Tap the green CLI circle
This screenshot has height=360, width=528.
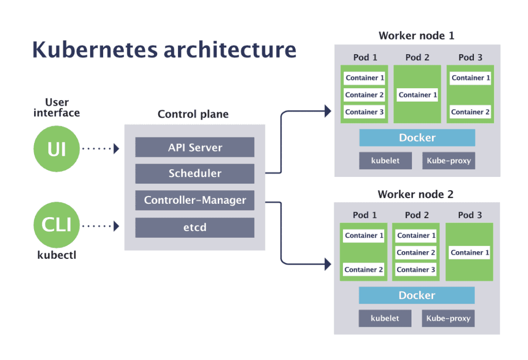(x=57, y=225)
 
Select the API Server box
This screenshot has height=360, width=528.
(x=195, y=148)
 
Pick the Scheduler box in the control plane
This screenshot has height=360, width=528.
(x=195, y=174)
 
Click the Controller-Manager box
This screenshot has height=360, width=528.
(x=195, y=200)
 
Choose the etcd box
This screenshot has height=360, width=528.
(x=195, y=227)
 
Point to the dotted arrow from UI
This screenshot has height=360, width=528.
(x=101, y=149)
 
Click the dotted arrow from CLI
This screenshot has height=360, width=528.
(x=101, y=225)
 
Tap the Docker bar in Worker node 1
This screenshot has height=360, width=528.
(x=417, y=138)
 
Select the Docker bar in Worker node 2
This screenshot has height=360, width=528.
(x=417, y=296)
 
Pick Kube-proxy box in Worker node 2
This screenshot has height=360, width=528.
(x=448, y=318)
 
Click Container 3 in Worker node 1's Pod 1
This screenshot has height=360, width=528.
(x=365, y=112)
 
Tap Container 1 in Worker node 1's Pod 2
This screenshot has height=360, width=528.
(x=418, y=95)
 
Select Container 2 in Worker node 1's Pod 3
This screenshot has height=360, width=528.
(x=470, y=112)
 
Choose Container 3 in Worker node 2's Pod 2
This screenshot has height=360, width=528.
(x=416, y=270)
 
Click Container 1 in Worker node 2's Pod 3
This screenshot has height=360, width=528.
(x=470, y=253)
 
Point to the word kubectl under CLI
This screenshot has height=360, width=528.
(x=57, y=255)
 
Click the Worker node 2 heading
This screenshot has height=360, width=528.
(x=416, y=194)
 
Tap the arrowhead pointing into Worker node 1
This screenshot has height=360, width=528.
(x=327, y=110)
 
